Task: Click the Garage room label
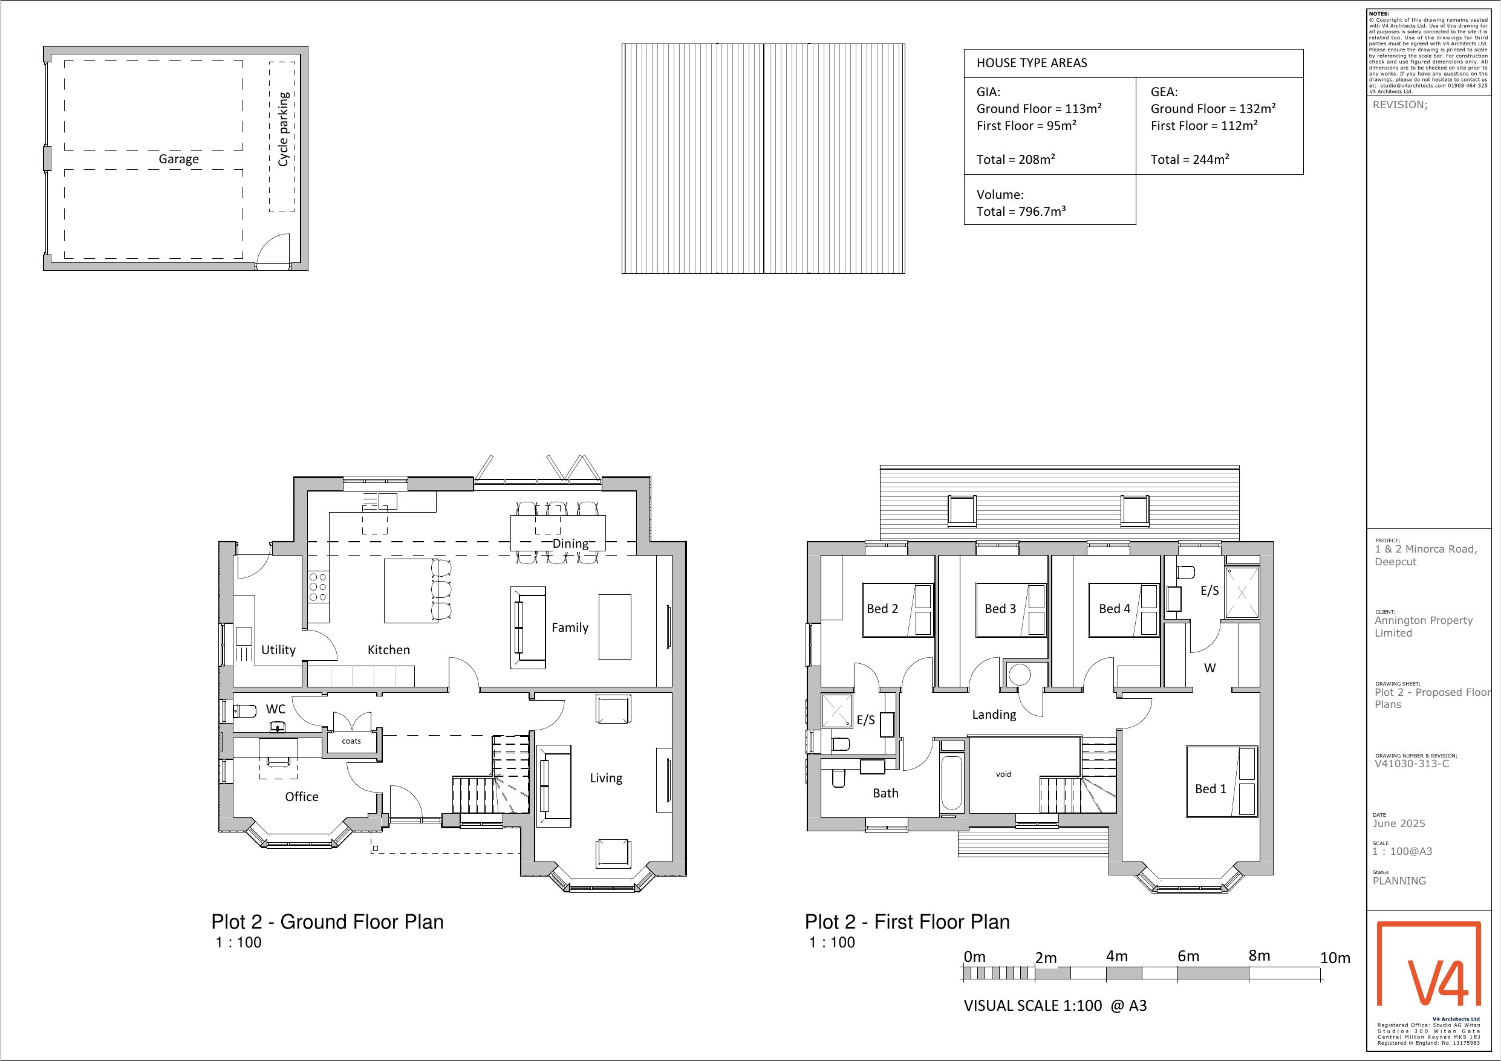(178, 159)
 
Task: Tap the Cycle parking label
(283, 129)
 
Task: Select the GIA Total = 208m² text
(1016, 160)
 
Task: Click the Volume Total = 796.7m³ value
(1022, 211)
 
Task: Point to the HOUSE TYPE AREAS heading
(1032, 63)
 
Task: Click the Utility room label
(279, 650)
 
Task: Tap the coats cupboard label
(351, 741)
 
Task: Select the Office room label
(302, 796)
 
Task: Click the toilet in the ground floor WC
(245, 710)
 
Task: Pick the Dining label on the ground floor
(571, 543)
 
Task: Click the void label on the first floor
(1003, 774)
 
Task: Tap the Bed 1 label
(1211, 788)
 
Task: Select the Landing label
(994, 715)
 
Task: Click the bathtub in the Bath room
(952, 782)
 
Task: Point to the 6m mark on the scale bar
(1188, 956)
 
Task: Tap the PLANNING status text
(1399, 881)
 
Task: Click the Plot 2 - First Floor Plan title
(907, 922)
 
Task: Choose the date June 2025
(1399, 823)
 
